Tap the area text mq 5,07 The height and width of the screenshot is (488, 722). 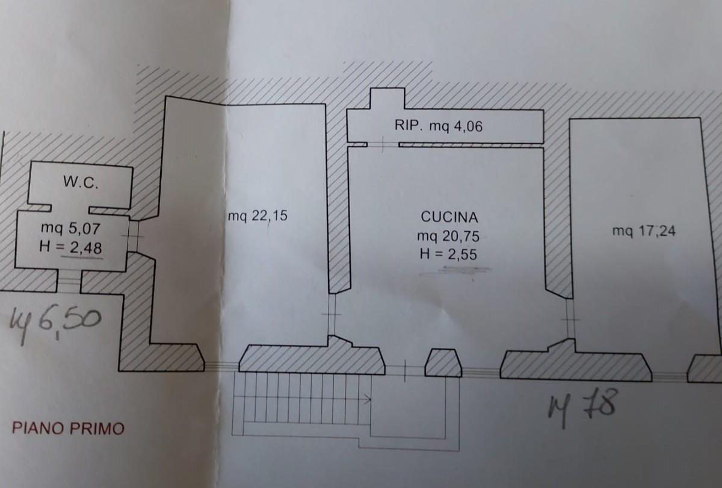[70, 227]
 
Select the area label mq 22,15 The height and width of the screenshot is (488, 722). [258, 215]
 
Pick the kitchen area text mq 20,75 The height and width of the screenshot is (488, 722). [448, 236]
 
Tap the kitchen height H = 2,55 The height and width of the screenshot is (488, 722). [448, 255]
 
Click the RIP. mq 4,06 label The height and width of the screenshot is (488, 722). [438, 126]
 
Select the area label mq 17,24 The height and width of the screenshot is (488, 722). [643, 230]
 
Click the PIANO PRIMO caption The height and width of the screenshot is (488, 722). [69, 428]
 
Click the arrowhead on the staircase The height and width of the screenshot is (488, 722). [366, 397]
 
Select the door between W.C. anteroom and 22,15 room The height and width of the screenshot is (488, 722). [134, 236]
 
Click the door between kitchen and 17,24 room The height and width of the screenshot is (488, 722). [569, 319]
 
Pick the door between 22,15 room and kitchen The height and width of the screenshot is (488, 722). [332, 315]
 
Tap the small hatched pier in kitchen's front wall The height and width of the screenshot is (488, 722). [443, 363]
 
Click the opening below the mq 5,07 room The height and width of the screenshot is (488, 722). [69, 281]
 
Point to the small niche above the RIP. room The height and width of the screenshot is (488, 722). [386, 98]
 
